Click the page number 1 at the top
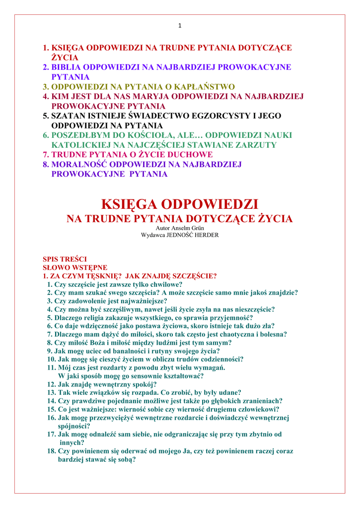click(x=180, y=26)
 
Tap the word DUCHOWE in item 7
click(x=190, y=155)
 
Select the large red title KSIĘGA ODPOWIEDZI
click(x=180, y=204)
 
